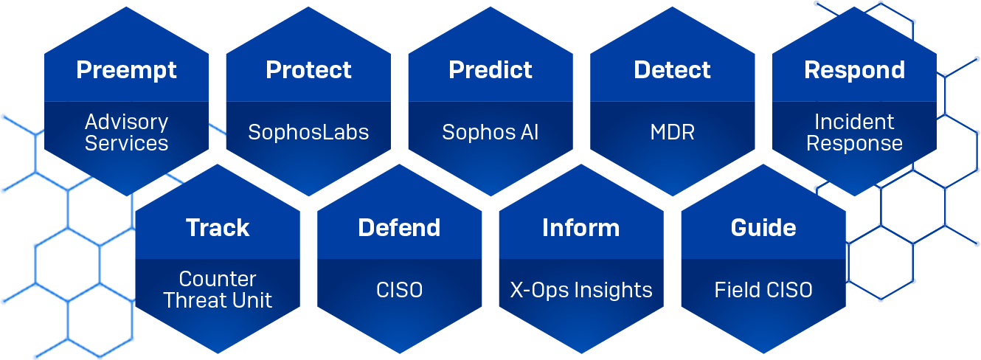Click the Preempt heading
[x=126, y=70]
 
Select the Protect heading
[x=308, y=70]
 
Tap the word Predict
[x=490, y=70]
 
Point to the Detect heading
[x=672, y=70]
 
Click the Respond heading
[x=854, y=70]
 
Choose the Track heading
[x=218, y=227]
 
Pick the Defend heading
[x=399, y=227]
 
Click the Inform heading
[x=580, y=227]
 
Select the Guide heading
[x=763, y=227]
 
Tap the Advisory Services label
[x=126, y=132]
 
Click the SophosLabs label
[x=308, y=132]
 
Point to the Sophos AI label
[x=490, y=132]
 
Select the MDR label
[x=672, y=132]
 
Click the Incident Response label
[x=854, y=132]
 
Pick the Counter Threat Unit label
[x=218, y=290]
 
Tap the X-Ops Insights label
[x=581, y=290]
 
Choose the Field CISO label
[x=763, y=290]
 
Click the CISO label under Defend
[x=399, y=290]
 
